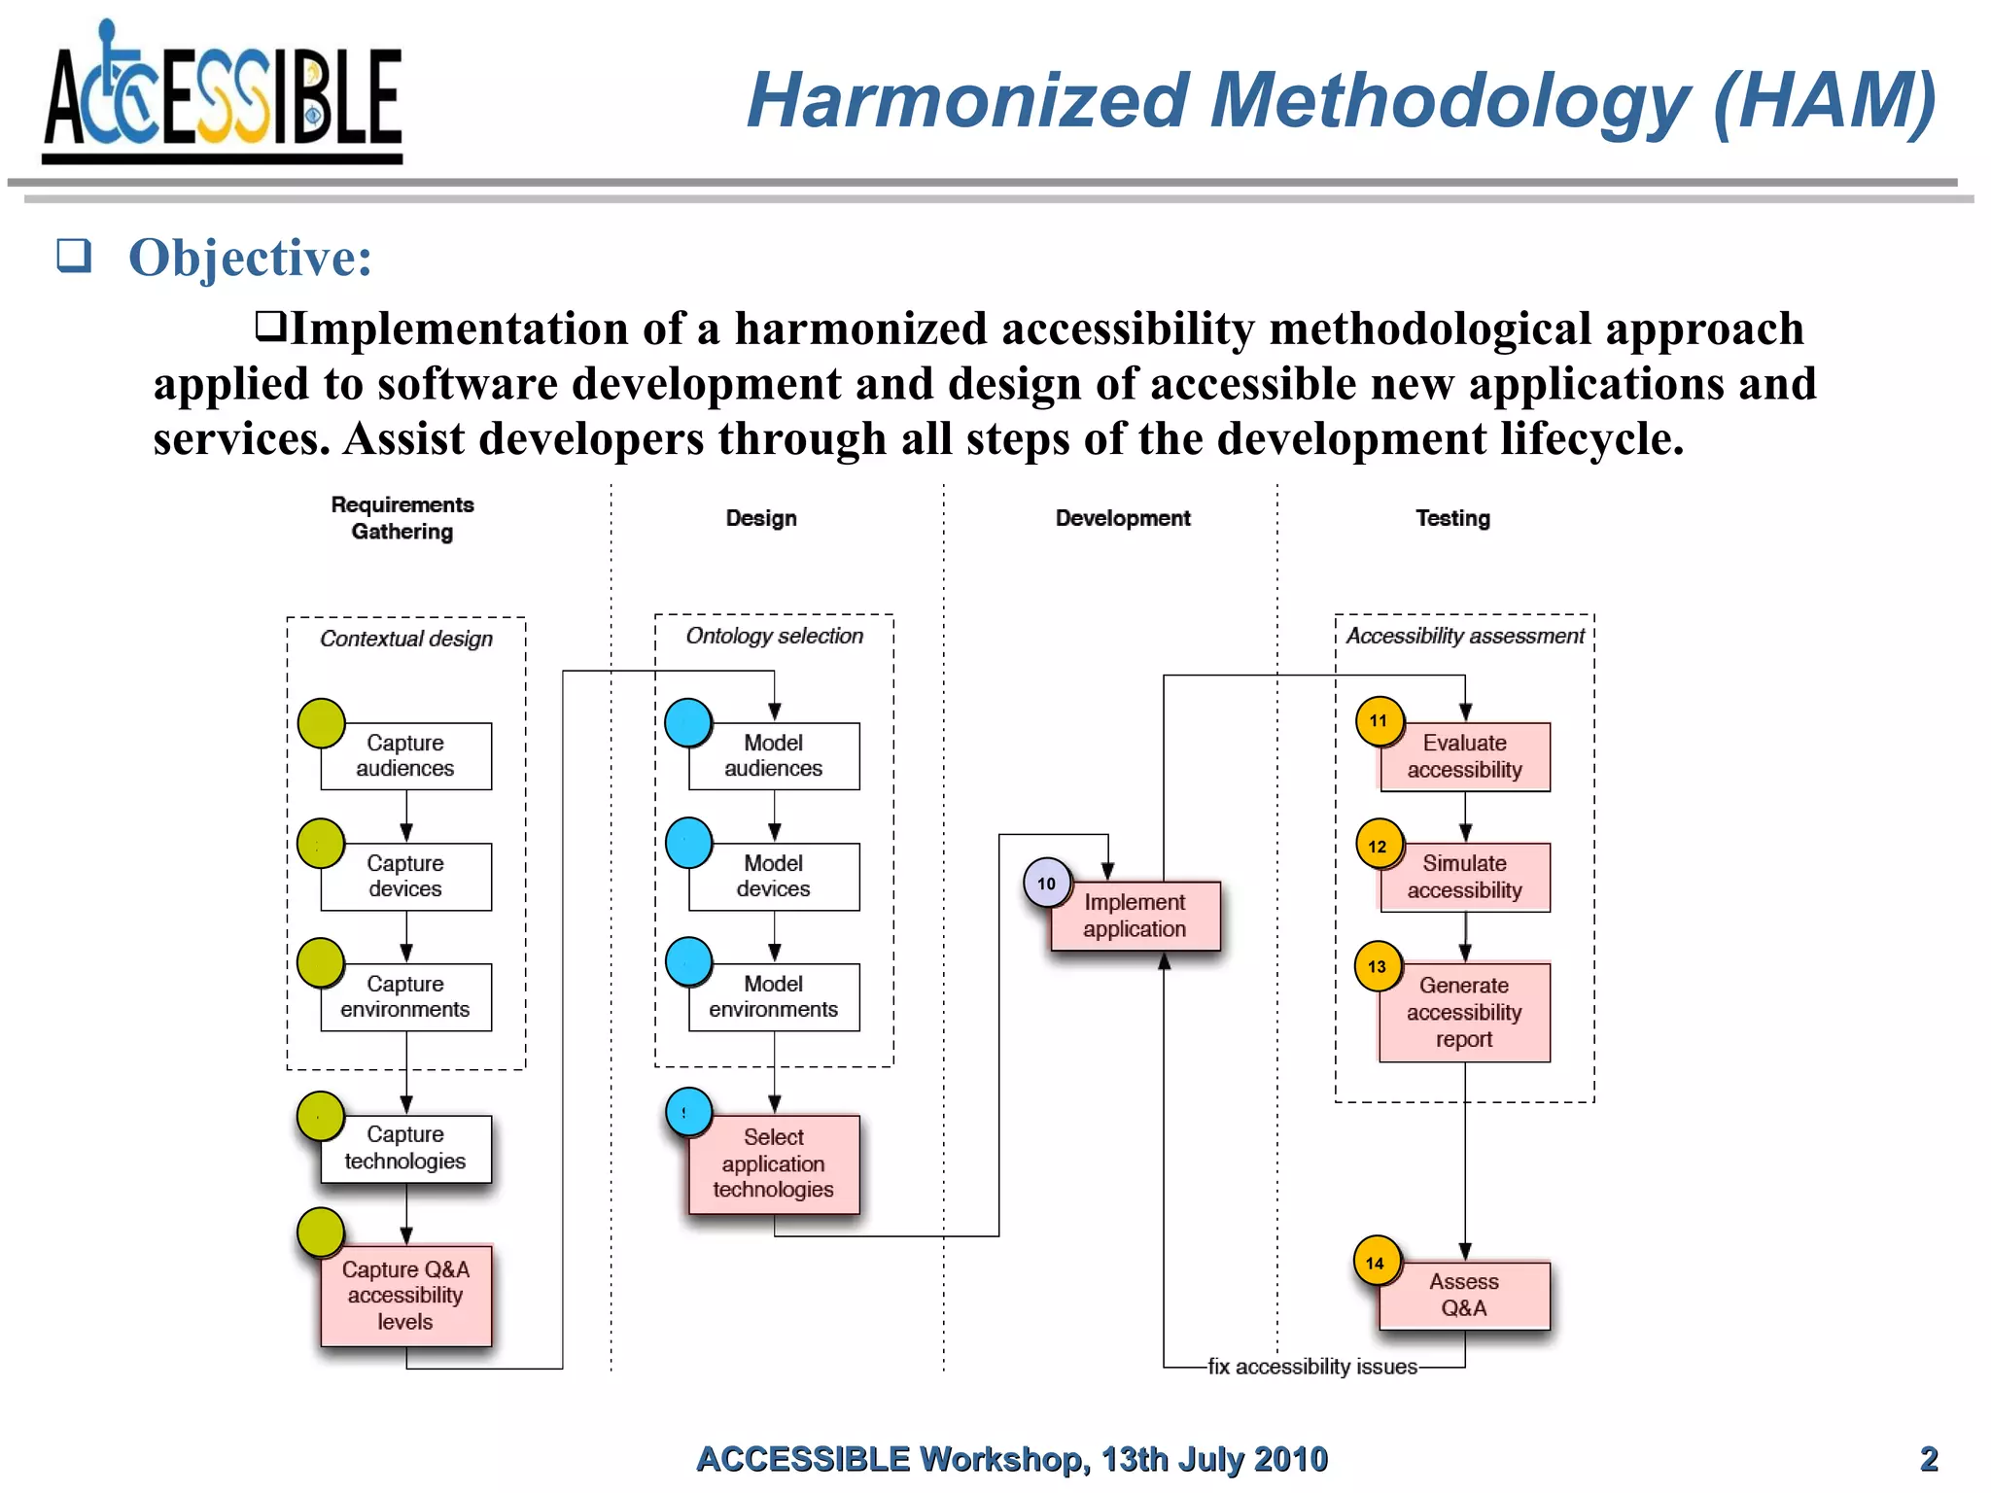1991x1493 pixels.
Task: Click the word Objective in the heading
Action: [250, 259]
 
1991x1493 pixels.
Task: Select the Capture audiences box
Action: [405, 756]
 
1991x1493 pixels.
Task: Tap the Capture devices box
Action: [405, 877]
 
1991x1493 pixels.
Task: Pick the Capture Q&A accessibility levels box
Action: [405, 1296]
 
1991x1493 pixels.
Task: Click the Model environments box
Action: [774, 997]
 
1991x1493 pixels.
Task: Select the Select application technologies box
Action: [774, 1164]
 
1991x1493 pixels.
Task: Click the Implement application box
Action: [1135, 916]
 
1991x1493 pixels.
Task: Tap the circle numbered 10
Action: [1046, 884]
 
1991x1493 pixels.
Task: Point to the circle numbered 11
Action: [1379, 721]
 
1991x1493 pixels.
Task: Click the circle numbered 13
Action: [1378, 967]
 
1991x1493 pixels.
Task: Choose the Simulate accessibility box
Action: [1465, 878]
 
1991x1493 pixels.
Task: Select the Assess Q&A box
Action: [1464, 1296]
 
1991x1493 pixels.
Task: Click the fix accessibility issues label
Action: [1312, 1367]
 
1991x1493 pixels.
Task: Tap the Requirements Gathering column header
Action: [402, 518]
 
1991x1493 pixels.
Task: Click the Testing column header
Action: [1452, 518]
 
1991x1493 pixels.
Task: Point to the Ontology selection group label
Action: [775, 636]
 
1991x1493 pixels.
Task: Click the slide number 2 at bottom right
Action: [1929, 1459]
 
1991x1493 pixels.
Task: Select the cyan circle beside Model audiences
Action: [688, 723]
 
